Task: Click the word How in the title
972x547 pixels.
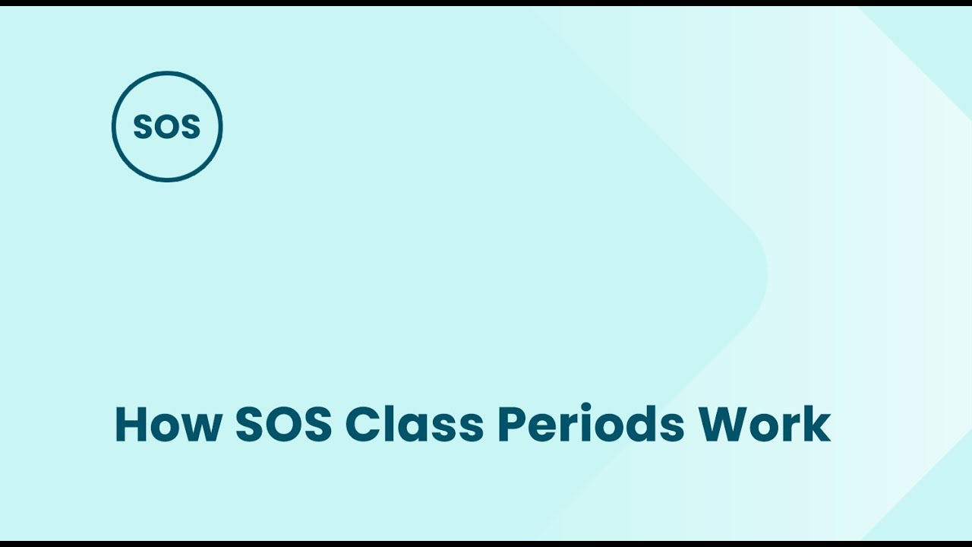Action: tap(168, 425)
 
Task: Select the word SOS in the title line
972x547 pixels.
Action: tap(284, 425)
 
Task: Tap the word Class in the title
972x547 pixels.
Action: tap(414, 425)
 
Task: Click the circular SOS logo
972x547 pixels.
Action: tap(167, 126)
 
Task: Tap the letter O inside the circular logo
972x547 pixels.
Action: tap(167, 128)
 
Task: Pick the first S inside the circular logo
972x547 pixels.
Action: tap(143, 128)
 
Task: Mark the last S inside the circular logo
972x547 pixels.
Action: tap(191, 128)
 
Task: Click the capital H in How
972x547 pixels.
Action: tap(130, 425)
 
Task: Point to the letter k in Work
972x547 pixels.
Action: tap(818, 425)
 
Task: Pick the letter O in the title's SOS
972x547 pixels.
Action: tap(284, 425)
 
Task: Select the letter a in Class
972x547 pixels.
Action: tap(418, 428)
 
